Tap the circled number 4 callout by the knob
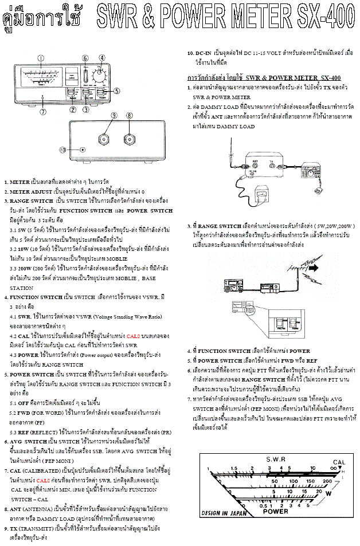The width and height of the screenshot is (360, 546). point(102,57)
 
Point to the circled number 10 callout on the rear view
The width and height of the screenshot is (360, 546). point(64,150)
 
